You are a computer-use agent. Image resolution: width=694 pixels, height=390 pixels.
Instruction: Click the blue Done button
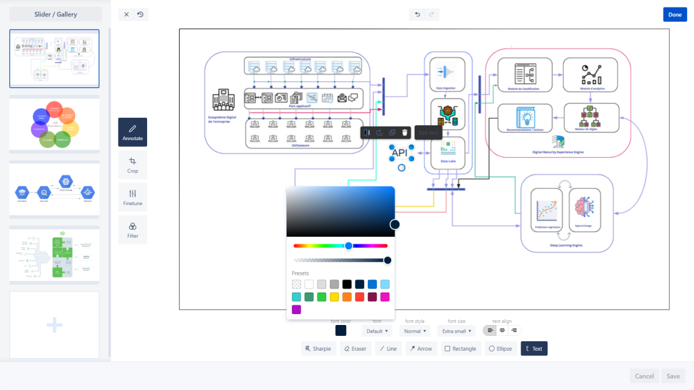click(x=674, y=14)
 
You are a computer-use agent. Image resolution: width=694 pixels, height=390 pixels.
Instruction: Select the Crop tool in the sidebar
click(x=132, y=165)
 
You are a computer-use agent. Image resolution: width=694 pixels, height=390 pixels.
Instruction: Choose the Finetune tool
click(x=132, y=197)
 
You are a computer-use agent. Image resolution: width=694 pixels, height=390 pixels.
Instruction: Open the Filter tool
click(x=132, y=230)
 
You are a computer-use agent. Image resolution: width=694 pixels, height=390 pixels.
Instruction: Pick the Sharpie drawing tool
click(x=318, y=349)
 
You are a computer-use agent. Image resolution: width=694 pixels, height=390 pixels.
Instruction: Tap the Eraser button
click(x=354, y=349)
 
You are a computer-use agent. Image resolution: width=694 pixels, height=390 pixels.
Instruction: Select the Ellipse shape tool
click(x=500, y=349)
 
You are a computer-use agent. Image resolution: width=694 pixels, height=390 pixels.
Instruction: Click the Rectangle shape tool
click(x=460, y=349)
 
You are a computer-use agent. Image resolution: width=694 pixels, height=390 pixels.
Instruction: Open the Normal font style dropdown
click(x=415, y=331)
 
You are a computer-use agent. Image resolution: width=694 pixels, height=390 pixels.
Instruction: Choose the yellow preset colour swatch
click(x=334, y=297)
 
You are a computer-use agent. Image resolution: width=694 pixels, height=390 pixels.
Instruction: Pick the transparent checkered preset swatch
click(x=296, y=284)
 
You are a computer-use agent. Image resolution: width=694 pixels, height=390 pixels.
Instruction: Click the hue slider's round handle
click(x=348, y=246)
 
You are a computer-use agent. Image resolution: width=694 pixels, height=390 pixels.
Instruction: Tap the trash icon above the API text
click(x=405, y=133)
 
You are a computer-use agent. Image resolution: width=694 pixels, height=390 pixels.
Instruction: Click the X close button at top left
click(x=126, y=14)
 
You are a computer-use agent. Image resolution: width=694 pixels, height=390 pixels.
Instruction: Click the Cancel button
click(x=644, y=376)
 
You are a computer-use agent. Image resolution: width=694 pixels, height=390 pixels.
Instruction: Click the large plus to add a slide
click(x=54, y=325)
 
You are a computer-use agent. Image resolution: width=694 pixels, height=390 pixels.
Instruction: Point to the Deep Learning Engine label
click(x=567, y=245)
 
